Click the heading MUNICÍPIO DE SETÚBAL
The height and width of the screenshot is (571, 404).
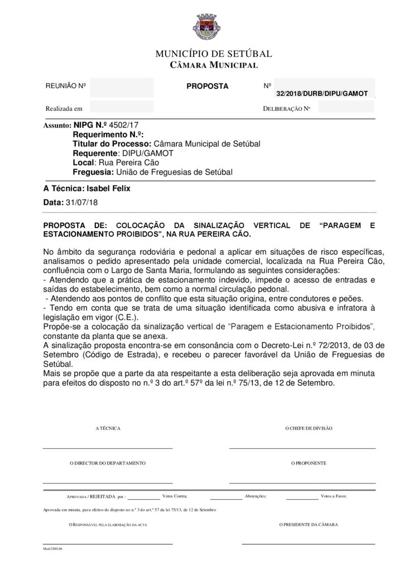tap(213, 54)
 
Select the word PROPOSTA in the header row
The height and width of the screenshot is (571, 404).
tap(207, 86)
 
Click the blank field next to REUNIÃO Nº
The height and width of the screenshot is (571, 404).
tap(121, 87)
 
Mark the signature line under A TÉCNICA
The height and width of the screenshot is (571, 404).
tap(108, 448)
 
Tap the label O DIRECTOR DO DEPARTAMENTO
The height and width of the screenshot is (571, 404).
tap(108, 463)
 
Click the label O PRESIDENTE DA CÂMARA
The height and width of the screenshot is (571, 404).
tap(309, 525)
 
